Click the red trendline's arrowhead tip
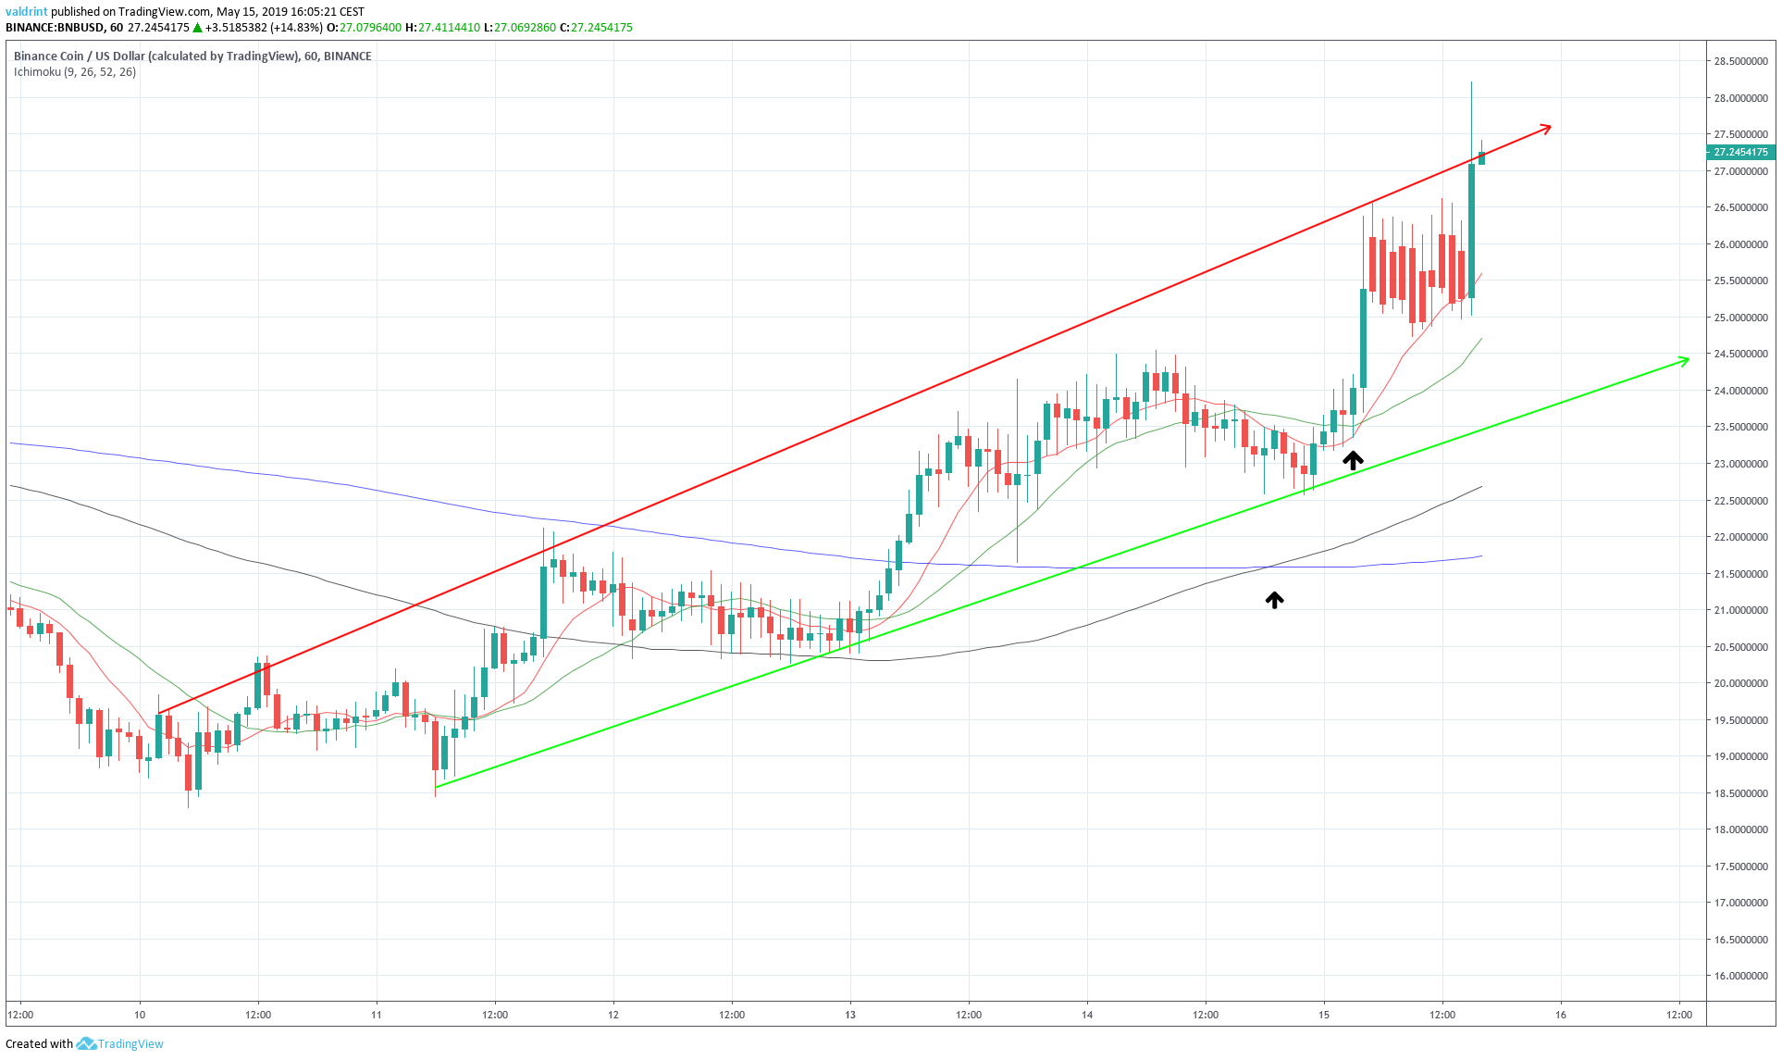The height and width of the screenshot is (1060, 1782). [x=1550, y=127]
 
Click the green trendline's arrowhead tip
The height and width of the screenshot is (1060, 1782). [x=1689, y=359]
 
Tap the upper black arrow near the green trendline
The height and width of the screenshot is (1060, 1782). [x=1353, y=460]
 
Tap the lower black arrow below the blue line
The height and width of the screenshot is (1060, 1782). [x=1274, y=601]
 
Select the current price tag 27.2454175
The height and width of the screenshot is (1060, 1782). [x=1739, y=152]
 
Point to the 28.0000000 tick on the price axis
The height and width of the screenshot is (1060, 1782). [x=1739, y=98]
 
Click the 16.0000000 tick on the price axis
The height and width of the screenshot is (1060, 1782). [x=1739, y=976]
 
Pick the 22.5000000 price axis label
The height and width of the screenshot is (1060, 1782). [x=1739, y=501]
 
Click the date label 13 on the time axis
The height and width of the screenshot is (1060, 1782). [x=850, y=1015]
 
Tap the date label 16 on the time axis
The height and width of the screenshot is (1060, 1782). [x=1561, y=1015]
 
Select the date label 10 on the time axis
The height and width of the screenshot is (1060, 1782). [x=140, y=1015]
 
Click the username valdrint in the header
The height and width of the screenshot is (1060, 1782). [x=26, y=12]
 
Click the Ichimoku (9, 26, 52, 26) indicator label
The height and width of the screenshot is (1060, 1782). [x=75, y=72]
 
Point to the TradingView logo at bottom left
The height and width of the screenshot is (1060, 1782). [x=120, y=1043]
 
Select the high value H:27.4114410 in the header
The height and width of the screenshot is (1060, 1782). [x=442, y=28]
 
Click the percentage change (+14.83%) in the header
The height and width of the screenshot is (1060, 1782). [x=291, y=28]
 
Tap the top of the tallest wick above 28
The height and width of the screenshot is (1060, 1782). [x=1471, y=82]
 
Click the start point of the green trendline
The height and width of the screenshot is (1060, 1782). [x=436, y=787]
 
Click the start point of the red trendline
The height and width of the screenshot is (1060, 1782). [x=159, y=713]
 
